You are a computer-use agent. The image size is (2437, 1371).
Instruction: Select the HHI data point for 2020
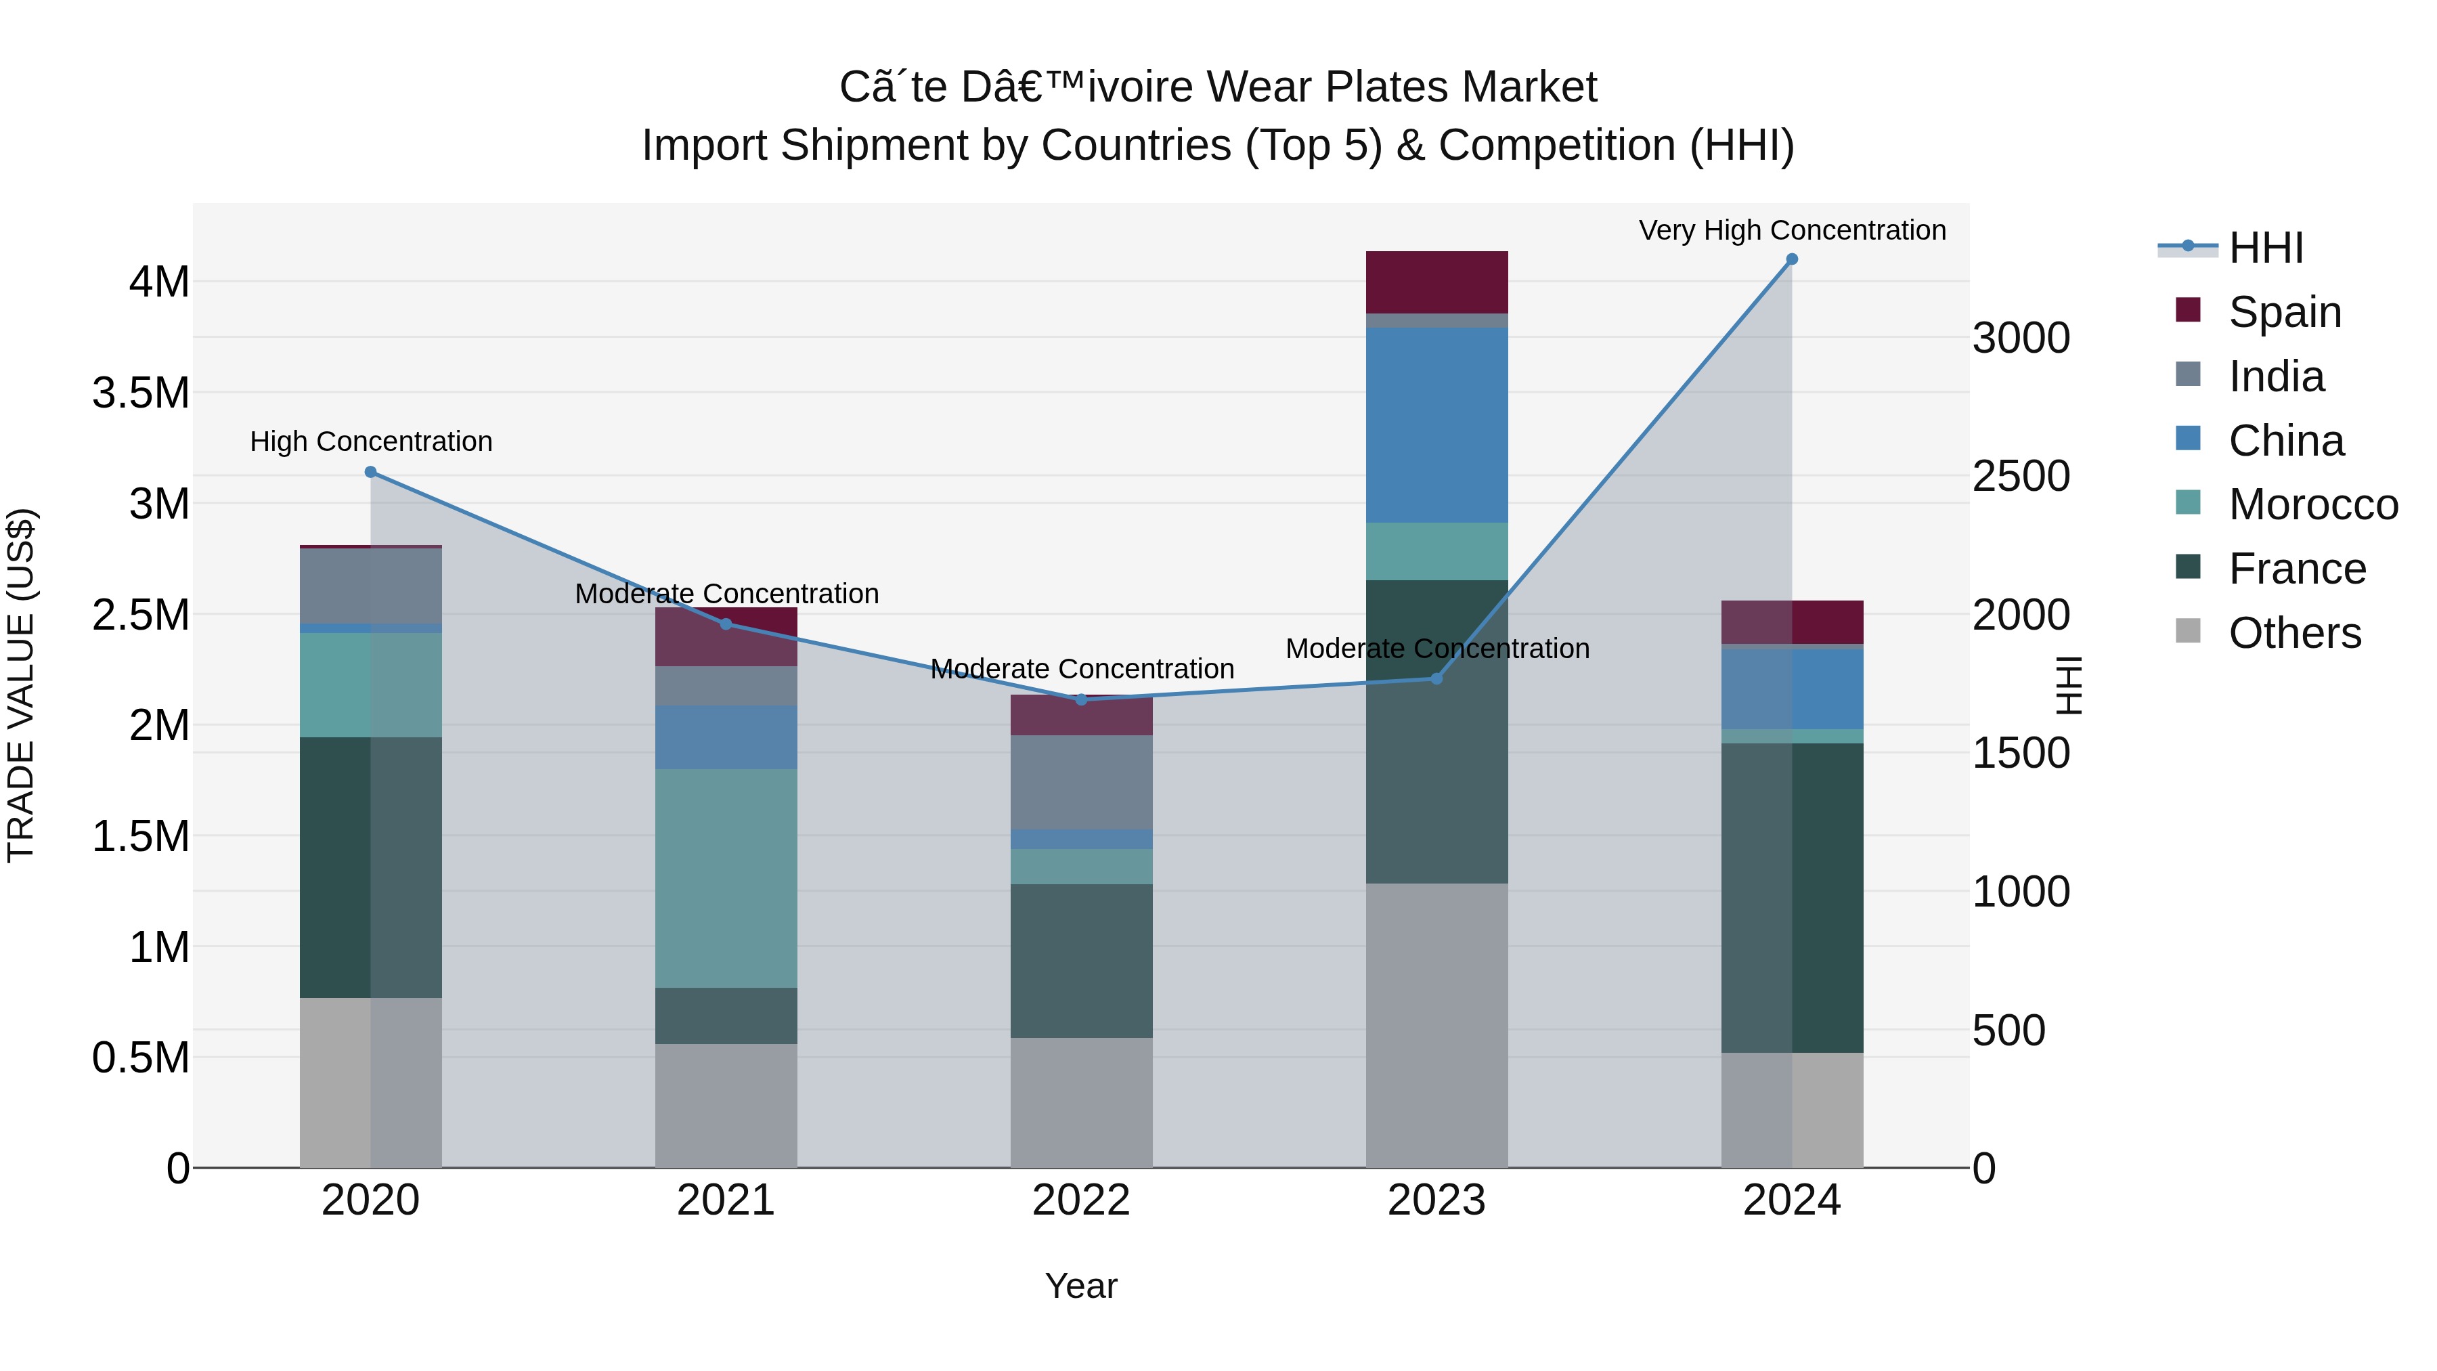371,472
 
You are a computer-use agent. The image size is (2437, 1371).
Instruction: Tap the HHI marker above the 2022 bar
1081,699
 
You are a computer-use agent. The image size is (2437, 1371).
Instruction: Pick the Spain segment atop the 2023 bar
1436,282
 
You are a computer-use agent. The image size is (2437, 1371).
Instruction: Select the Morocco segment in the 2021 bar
726,878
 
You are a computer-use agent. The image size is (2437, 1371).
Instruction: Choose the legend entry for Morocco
2312,504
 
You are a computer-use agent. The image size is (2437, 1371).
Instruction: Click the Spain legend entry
2284,312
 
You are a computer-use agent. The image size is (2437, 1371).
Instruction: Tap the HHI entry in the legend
2265,248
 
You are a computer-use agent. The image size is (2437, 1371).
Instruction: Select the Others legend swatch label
2294,633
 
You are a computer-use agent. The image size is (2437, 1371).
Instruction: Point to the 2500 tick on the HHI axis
2021,476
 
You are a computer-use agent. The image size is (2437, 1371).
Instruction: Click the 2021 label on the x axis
726,1200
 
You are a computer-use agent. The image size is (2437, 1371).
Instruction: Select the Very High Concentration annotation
1792,230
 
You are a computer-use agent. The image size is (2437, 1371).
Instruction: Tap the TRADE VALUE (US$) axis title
21,685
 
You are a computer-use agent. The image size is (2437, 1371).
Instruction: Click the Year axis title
1080,1286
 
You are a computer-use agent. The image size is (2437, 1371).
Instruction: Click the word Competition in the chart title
1557,146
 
